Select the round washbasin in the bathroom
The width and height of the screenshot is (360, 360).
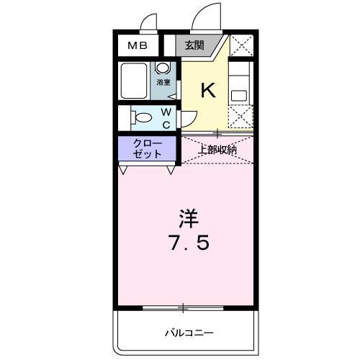point(163,68)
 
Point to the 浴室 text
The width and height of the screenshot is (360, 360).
point(163,83)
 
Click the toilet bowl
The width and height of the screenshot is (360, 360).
point(143,117)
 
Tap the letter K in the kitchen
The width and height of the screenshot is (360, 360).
point(207,91)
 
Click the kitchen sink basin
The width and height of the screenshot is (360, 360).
point(240,94)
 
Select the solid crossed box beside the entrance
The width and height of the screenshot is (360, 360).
point(242,47)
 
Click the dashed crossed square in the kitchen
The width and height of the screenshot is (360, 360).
point(241,116)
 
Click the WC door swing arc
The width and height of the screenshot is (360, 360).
point(189,120)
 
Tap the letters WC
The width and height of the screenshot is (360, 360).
point(165,118)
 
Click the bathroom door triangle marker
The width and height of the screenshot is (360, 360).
point(171,94)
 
